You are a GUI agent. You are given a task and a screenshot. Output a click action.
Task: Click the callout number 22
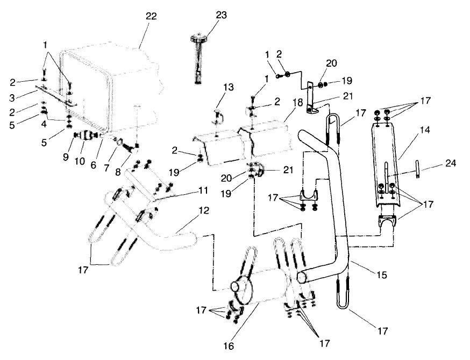click(x=151, y=17)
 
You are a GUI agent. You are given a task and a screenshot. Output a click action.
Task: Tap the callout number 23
click(x=206, y=16)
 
